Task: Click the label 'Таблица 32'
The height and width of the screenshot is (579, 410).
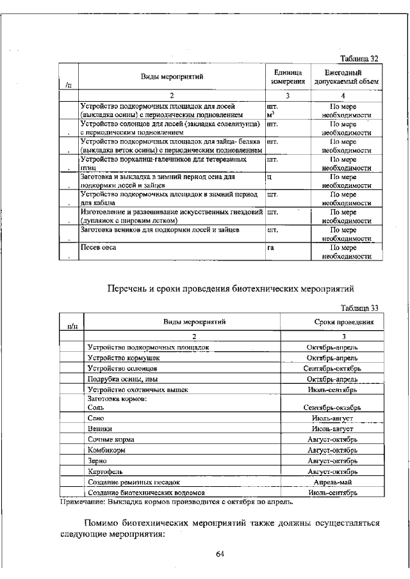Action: (x=360, y=58)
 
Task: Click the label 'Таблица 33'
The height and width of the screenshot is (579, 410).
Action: (x=360, y=307)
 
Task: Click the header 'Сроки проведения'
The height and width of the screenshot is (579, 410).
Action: (x=343, y=322)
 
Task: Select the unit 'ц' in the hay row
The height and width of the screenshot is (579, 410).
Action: (x=269, y=176)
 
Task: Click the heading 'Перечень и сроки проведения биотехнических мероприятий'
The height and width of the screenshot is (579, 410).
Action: (x=230, y=288)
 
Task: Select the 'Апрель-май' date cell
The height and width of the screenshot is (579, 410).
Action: (x=332, y=482)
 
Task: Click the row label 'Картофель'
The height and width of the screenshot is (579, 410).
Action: (x=104, y=471)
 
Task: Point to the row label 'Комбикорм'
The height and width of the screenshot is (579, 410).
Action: (x=105, y=450)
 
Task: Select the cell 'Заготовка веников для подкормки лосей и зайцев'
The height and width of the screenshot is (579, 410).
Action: (x=160, y=228)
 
